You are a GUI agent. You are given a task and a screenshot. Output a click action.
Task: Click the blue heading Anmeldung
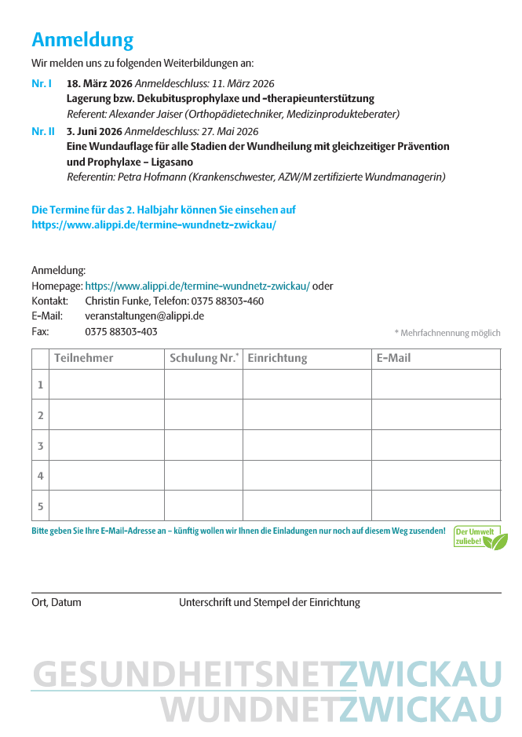tap(82, 40)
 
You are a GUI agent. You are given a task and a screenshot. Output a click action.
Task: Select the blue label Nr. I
tap(42, 83)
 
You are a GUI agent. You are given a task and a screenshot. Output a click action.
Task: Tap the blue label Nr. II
tap(43, 132)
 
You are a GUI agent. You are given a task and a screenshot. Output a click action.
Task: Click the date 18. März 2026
tap(100, 83)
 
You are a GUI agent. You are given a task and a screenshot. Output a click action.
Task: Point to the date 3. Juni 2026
tap(94, 132)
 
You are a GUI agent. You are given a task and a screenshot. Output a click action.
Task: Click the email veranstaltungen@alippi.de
tap(144, 316)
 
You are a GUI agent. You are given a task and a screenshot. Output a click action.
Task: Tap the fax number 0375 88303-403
tap(121, 331)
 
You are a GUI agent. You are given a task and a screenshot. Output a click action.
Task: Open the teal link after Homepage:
tap(197, 286)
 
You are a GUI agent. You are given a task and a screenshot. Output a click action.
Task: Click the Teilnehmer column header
tap(84, 359)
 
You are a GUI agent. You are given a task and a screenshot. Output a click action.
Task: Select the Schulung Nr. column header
tap(203, 359)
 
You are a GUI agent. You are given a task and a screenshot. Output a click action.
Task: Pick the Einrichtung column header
tap(277, 359)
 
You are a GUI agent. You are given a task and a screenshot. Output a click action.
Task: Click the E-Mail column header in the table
tap(393, 359)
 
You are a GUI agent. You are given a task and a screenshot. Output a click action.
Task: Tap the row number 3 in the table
tap(40, 446)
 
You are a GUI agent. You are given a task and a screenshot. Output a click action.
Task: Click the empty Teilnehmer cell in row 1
tap(106, 385)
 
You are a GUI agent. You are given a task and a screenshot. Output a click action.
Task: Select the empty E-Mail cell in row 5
tap(436, 505)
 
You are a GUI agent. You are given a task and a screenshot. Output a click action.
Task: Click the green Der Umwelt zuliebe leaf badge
tap(480, 538)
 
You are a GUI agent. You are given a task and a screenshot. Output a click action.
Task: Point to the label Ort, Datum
tap(56, 603)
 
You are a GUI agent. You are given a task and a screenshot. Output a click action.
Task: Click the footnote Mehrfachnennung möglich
tap(447, 333)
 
